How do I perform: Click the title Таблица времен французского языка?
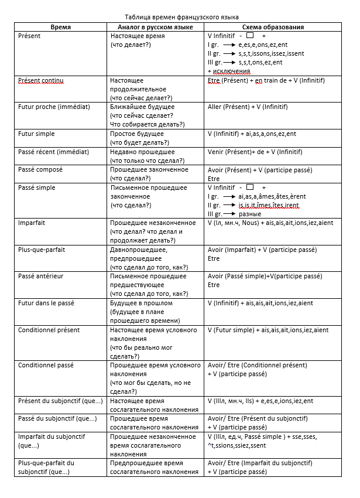pos(182,18)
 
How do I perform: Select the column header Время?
pos(61,27)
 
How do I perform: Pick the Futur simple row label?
pos(37,134)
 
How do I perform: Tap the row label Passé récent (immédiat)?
pos(54,152)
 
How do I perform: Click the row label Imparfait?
pos(32,223)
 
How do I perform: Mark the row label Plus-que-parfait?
pos(42,250)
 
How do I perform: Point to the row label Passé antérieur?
pos(41,276)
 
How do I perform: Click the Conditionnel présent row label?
pos(49,330)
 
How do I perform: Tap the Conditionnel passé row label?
pos(46,365)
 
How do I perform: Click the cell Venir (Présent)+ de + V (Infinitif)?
pos(255,152)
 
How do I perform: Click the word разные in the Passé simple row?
pos(249,214)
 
